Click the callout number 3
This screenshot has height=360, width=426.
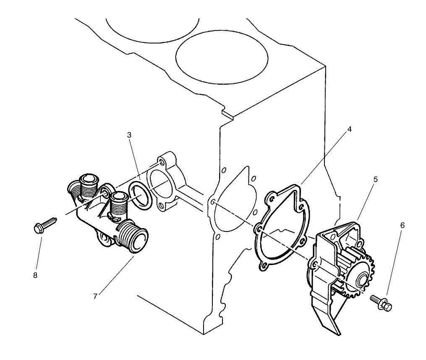(130, 135)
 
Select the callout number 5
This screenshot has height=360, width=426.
(375, 179)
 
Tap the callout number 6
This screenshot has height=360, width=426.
(402, 226)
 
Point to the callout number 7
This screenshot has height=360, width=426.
(95, 297)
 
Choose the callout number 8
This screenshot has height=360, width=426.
(35, 275)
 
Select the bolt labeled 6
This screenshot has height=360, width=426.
(382, 303)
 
